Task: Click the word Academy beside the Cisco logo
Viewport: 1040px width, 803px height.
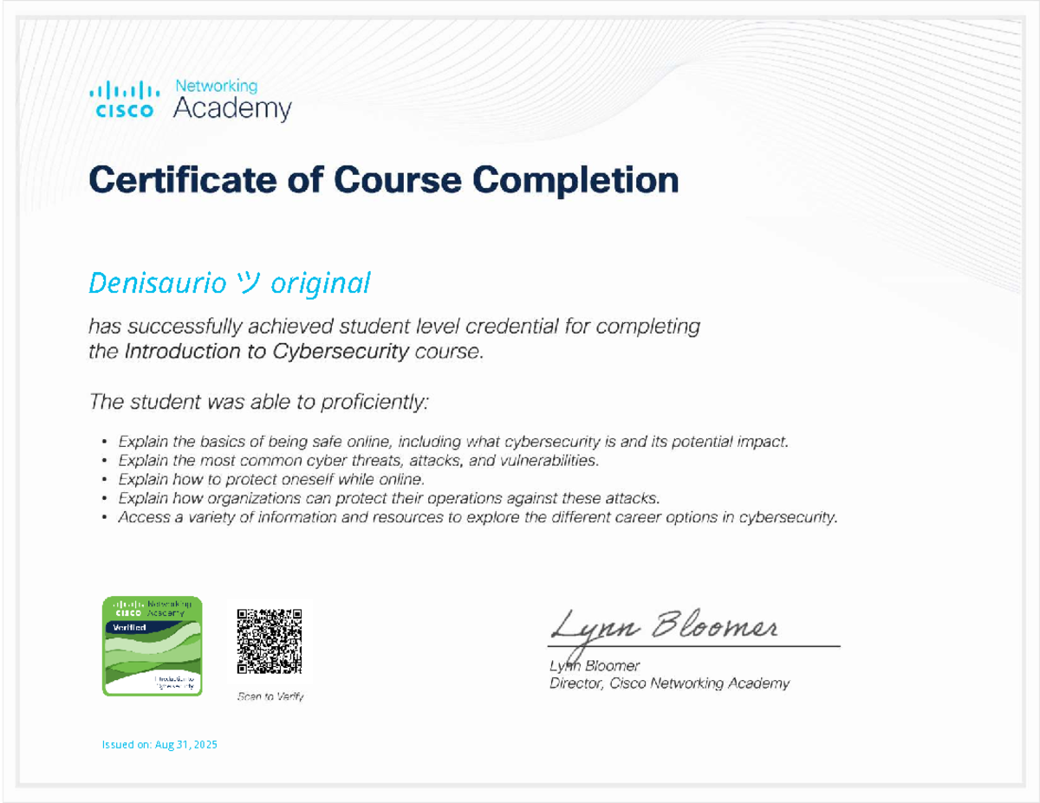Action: [232, 109]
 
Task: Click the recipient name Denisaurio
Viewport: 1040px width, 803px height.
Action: [156, 283]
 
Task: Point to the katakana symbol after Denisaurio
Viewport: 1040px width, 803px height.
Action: [245, 284]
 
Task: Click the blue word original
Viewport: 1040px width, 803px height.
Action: [321, 284]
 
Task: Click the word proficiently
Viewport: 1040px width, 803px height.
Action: [375, 402]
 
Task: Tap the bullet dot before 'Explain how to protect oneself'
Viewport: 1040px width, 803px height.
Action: [105, 479]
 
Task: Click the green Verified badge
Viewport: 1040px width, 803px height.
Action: [153, 646]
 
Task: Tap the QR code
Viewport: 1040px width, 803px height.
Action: [270, 642]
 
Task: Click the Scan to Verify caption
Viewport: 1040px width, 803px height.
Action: [271, 696]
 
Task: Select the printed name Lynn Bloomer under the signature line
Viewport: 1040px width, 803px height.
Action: [595, 666]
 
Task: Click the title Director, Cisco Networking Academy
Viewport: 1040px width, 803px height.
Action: [669, 683]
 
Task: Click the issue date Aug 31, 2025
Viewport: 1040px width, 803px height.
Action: [186, 744]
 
